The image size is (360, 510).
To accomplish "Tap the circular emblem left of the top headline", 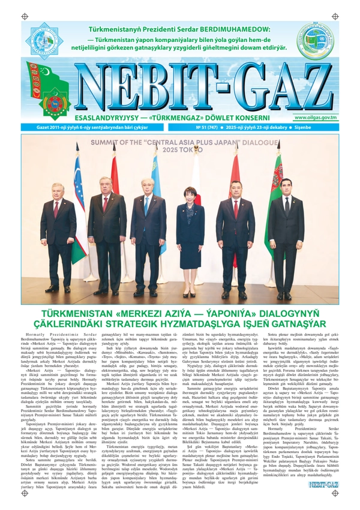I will (42, 38).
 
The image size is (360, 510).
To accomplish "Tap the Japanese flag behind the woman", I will (196, 180).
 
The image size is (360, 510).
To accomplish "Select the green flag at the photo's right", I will (274, 198).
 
